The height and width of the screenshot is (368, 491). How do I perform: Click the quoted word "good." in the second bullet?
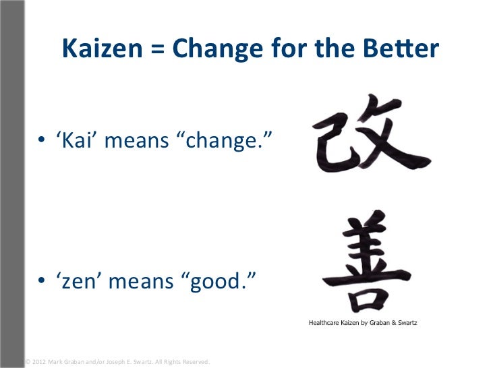(x=220, y=280)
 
